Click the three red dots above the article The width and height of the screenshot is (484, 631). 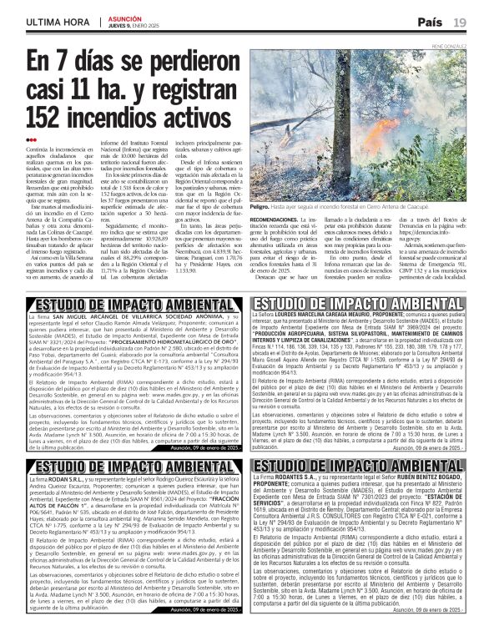(x=32, y=140)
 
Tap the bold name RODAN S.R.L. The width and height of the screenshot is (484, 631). (x=73, y=481)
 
